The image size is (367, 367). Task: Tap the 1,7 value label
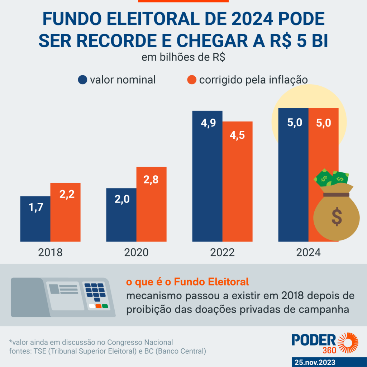pos(35,208)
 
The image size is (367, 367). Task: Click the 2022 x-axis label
pos(222,252)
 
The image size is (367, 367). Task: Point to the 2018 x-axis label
pos(50,252)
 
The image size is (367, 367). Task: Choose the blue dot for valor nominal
pos(82,80)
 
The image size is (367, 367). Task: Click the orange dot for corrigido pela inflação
pos(192,80)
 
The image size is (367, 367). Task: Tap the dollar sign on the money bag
pos(336,216)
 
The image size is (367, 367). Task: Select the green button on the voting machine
pos(105,306)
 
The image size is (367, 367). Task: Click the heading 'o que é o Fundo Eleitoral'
pos(187,282)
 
